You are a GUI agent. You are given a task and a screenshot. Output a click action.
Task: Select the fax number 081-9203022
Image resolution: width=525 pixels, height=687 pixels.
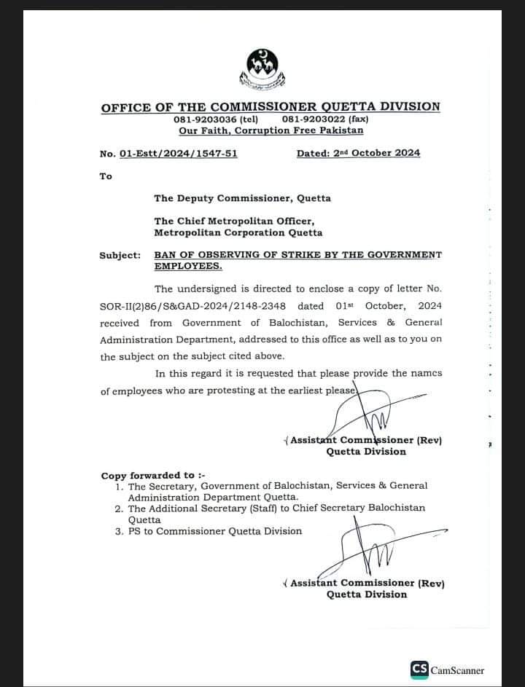pos(314,119)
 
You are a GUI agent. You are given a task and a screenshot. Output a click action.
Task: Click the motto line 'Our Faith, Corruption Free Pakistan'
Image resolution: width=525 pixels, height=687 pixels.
pos(271,130)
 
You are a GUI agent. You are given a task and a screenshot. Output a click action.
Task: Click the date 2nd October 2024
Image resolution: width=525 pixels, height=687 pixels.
pos(358,153)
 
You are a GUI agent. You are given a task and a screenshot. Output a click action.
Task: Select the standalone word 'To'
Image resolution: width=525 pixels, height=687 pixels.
pos(106,176)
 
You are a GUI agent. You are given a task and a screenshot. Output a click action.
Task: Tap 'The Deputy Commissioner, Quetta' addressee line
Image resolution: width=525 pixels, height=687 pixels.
pos(242,198)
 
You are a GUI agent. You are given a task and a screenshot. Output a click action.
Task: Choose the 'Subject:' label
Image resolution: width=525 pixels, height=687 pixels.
pos(120,255)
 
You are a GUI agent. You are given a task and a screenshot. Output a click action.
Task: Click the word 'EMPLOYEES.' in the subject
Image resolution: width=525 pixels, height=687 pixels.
pos(187,266)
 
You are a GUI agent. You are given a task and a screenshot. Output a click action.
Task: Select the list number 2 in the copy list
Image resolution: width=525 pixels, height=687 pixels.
pos(118,508)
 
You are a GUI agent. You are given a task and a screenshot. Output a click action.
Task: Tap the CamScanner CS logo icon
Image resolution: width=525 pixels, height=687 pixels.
pos(419,670)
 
